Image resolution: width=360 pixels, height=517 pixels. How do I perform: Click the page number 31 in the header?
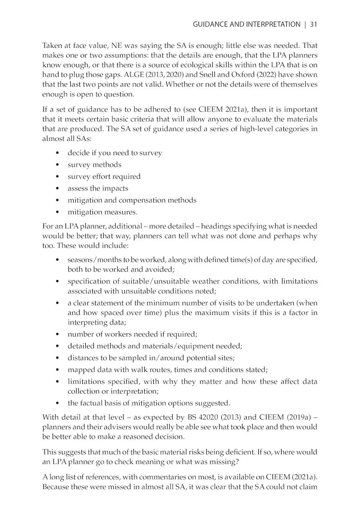(x=313, y=24)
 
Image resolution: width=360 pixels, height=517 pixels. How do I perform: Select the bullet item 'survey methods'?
(x=94, y=165)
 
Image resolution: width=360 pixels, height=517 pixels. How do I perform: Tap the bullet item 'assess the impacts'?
(x=98, y=188)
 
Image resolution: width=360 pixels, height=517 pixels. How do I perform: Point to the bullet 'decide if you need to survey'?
(x=115, y=153)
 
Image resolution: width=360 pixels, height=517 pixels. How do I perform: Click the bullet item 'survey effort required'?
(x=104, y=177)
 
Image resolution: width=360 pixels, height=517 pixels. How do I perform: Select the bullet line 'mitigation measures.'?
(x=102, y=212)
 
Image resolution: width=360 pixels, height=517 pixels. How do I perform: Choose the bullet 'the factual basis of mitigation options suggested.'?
(x=149, y=403)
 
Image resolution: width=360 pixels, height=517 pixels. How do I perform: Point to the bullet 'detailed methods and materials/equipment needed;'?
(x=155, y=346)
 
